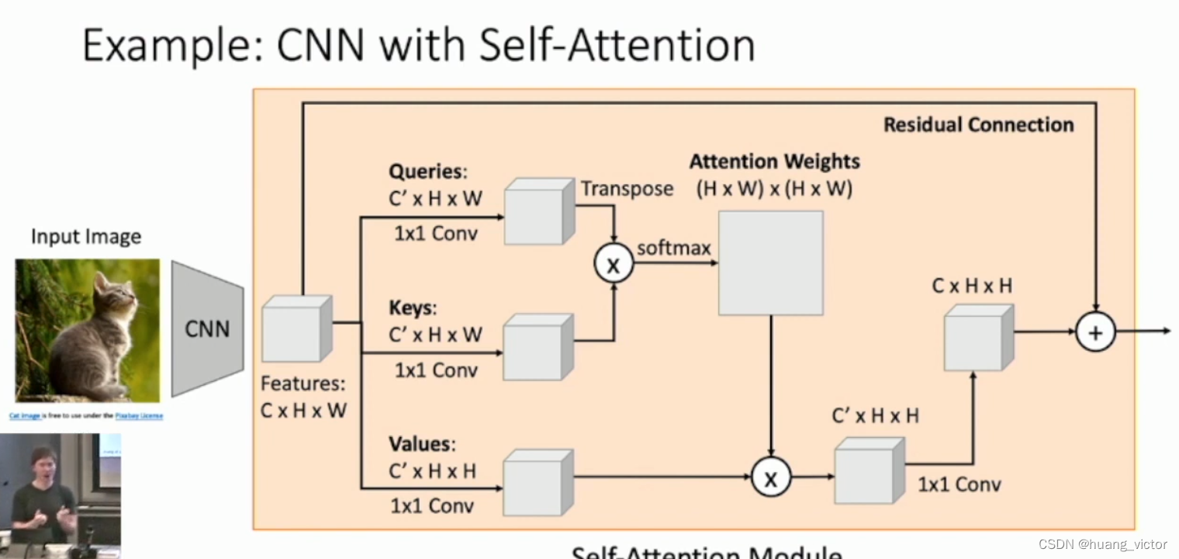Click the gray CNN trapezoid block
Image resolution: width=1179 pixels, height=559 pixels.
pos(207,328)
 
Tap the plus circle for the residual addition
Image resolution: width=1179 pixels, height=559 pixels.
pos(1094,332)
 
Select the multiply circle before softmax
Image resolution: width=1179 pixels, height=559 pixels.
pos(614,265)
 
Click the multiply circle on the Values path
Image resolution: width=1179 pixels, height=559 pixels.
pos(770,477)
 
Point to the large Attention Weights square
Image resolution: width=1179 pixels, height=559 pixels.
pos(770,262)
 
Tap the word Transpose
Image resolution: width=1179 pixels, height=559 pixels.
pos(627,189)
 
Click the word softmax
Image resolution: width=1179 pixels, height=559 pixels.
pos(673,248)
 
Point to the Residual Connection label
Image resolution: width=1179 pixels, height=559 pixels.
pos(978,125)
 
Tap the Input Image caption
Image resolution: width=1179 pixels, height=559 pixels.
pos(86,236)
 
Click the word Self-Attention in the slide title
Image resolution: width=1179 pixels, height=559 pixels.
pos(617,45)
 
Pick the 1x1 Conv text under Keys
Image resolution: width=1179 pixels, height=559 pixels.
pos(436,370)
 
